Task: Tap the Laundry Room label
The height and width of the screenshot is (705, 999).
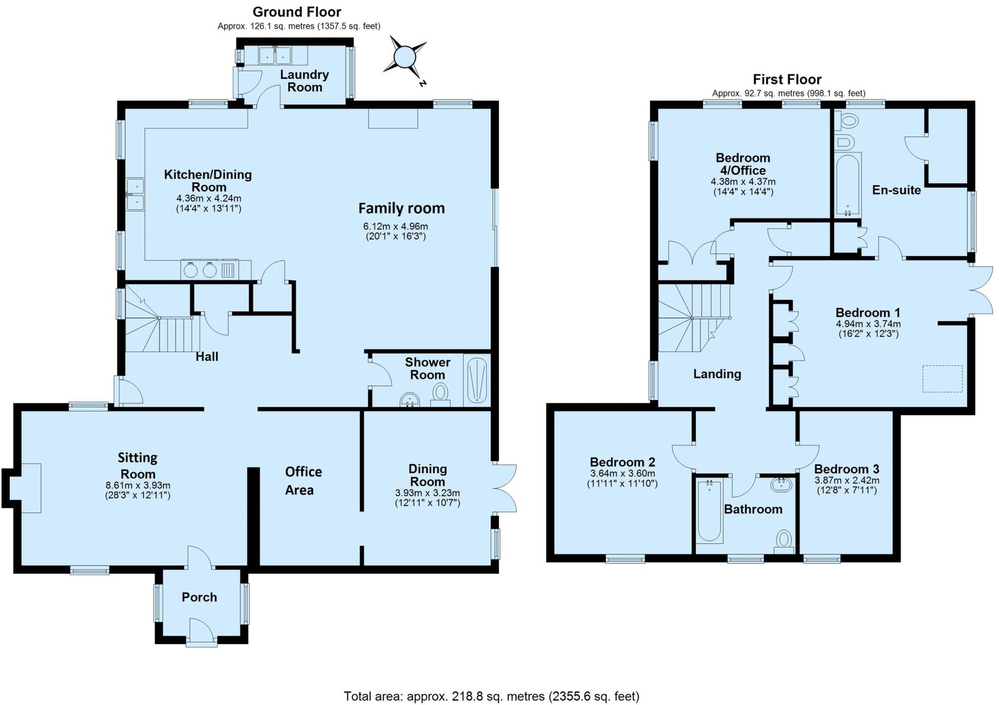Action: coord(304,81)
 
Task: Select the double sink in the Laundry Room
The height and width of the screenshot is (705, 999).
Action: coord(275,55)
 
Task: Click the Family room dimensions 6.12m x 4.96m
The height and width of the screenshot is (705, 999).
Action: coord(396,226)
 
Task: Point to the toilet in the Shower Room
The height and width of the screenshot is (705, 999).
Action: coord(440,393)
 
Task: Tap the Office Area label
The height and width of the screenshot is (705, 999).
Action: coord(303,481)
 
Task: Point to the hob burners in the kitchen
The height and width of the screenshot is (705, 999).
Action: coord(200,270)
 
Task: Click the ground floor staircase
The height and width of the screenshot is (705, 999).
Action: coord(161,324)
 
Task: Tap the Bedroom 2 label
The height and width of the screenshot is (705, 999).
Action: coord(622,462)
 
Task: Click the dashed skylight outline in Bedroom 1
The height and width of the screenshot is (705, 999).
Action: coord(942,379)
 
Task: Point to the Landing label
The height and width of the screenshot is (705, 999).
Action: coord(717,374)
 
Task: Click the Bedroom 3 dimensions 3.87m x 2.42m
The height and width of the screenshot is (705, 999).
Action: coord(847,480)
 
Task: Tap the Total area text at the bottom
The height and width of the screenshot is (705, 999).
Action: coord(491,696)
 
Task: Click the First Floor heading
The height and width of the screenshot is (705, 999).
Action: coord(787,79)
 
